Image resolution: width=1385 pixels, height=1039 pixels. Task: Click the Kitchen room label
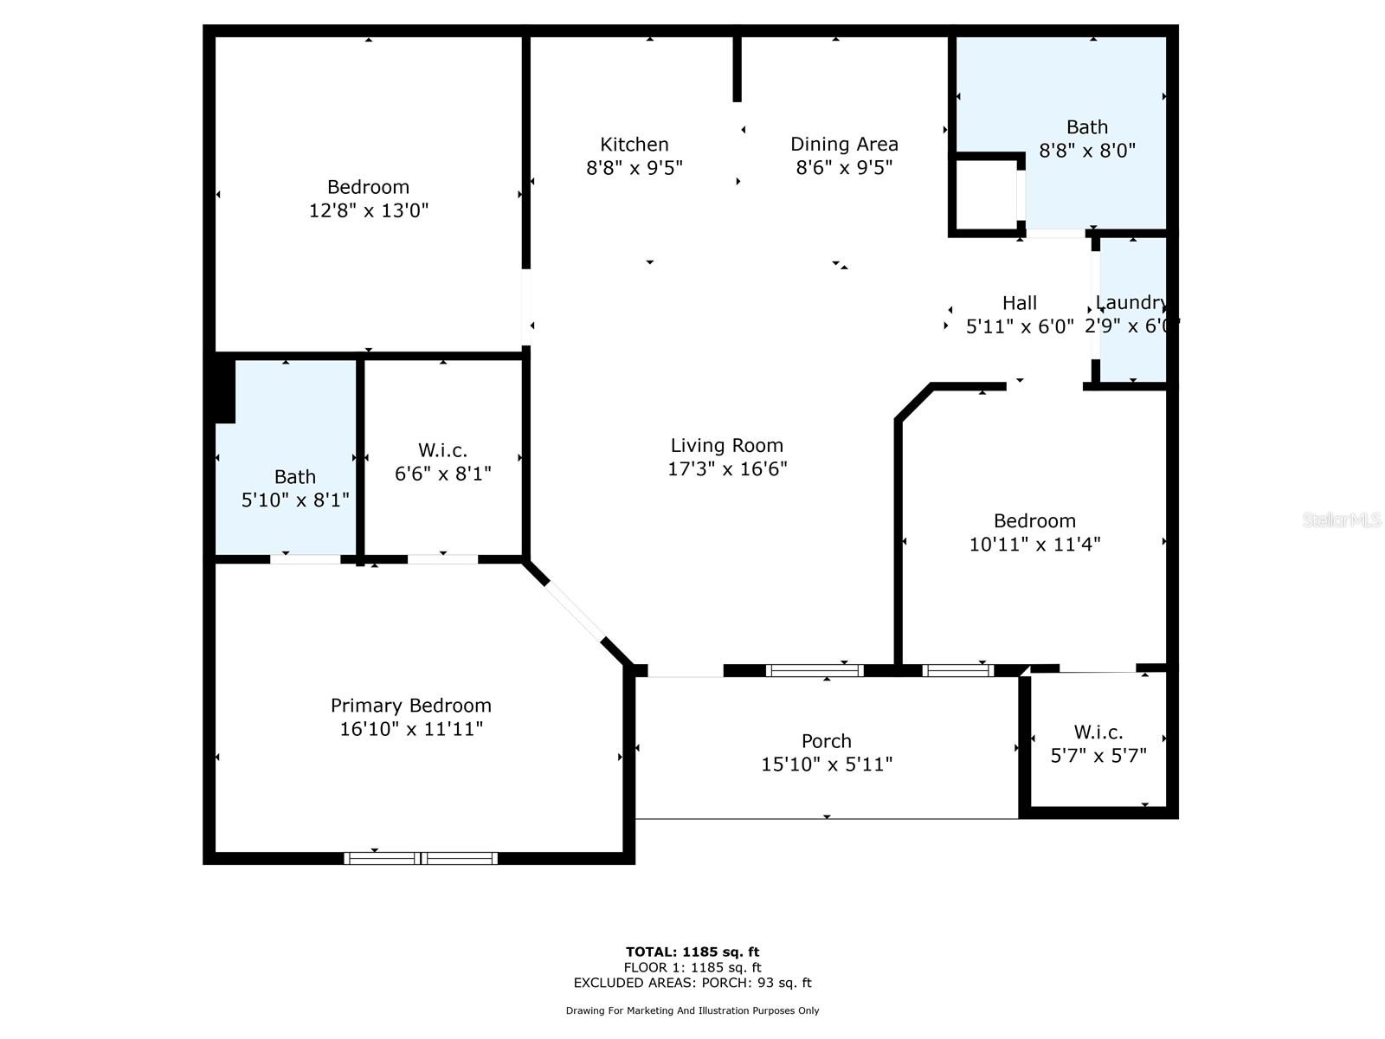pyautogui.click(x=635, y=145)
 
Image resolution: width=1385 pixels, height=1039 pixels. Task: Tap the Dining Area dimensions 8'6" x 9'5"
pyautogui.click(x=844, y=167)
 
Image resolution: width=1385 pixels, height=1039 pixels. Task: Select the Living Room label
pyautogui.click(x=726, y=445)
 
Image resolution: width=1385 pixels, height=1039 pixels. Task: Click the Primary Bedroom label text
pyautogui.click(x=410, y=706)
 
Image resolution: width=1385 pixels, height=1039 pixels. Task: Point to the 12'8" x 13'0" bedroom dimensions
pyautogui.click(x=369, y=210)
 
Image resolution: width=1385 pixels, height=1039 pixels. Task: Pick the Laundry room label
pyautogui.click(x=1131, y=302)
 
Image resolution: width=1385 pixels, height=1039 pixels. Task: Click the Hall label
pyautogui.click(x=1019, y=303)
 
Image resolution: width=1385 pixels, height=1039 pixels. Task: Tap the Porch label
pyautogui.click(x=826, y=741)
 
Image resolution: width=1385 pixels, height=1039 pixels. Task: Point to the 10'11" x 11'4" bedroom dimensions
pyautogui.click(x=1034, y=544)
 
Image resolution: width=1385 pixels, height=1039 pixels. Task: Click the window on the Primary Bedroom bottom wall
pyautogui.click(x=421, y=858)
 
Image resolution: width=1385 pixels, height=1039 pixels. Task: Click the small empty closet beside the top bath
pyautogui.click(x=985, y=195)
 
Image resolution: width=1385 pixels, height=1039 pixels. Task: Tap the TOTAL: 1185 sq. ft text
pyautogui.click(x=692, y=952)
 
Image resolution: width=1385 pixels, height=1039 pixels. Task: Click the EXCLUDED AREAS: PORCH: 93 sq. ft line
pyautogui.click(x=692, y=983)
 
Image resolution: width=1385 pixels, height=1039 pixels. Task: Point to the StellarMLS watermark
pyautogui.click(x=1341, y=519)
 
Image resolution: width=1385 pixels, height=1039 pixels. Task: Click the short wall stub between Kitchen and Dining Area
pyautogui.click(x=738, y=69)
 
